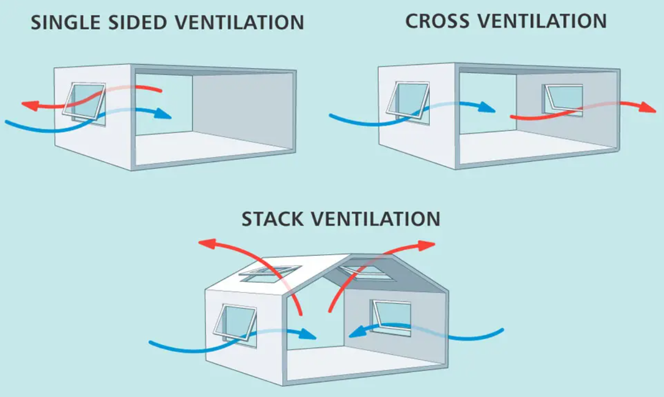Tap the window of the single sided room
coord(85,102)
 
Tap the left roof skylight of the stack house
coord(269,274)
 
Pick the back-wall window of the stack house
coord(392,316)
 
